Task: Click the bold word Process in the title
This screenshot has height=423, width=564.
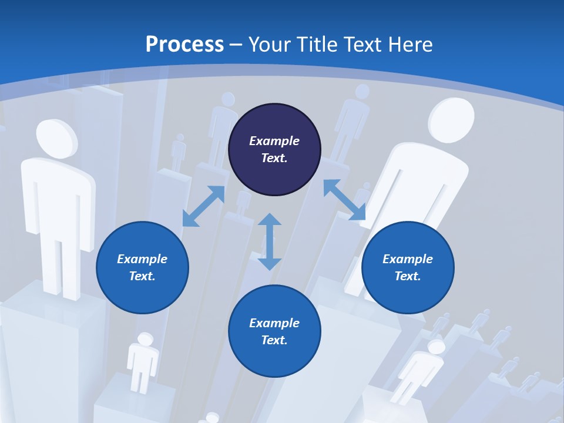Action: point(184,45)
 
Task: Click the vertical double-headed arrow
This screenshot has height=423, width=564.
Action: point(270,241)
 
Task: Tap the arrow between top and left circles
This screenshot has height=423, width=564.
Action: point(203,206)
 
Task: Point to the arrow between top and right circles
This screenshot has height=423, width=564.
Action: point(344,200)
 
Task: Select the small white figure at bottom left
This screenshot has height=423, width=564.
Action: point(143,360)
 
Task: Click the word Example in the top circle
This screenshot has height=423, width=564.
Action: point(274,141)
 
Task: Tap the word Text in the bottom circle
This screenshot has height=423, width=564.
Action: point(274,340)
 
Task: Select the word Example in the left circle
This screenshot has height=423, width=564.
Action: point(142,259)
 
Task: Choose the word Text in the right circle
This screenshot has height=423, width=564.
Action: point(408,276)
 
